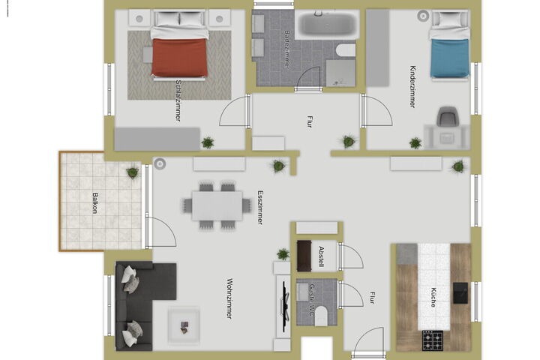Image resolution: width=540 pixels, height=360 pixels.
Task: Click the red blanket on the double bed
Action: [179, 57]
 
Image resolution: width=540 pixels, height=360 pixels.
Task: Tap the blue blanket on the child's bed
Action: [449, 58]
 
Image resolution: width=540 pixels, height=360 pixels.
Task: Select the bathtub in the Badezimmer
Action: [327, 24]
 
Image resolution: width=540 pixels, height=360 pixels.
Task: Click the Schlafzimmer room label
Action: [178, 100]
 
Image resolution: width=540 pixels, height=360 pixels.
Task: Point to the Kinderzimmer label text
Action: [412, 86]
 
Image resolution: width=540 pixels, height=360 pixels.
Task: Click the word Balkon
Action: [95, 203]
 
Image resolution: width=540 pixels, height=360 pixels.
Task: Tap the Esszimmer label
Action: [260, 208]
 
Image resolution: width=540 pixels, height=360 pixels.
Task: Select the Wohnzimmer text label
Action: [229, 298]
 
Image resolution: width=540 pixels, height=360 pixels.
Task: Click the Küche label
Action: [433, 297]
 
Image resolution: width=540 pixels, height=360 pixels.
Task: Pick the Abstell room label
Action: [322, 256]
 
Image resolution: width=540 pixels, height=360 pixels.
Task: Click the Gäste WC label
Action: [312, 300]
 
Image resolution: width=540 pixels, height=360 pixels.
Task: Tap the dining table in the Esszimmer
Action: [217, 205]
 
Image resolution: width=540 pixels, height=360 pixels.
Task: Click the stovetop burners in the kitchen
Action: [433, 340]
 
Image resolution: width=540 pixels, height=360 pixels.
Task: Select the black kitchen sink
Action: [460, 293]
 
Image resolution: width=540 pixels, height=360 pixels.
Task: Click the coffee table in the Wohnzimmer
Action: [184, 326]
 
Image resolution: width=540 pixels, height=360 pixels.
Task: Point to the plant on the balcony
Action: [133, 172]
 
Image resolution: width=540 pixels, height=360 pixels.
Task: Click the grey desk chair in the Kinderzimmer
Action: [448, 116]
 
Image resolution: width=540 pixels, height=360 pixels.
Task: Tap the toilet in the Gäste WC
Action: [321, 316]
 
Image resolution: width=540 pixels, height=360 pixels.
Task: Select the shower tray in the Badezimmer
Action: [340, 73]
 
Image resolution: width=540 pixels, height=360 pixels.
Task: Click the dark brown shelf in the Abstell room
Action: [304, 256]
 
